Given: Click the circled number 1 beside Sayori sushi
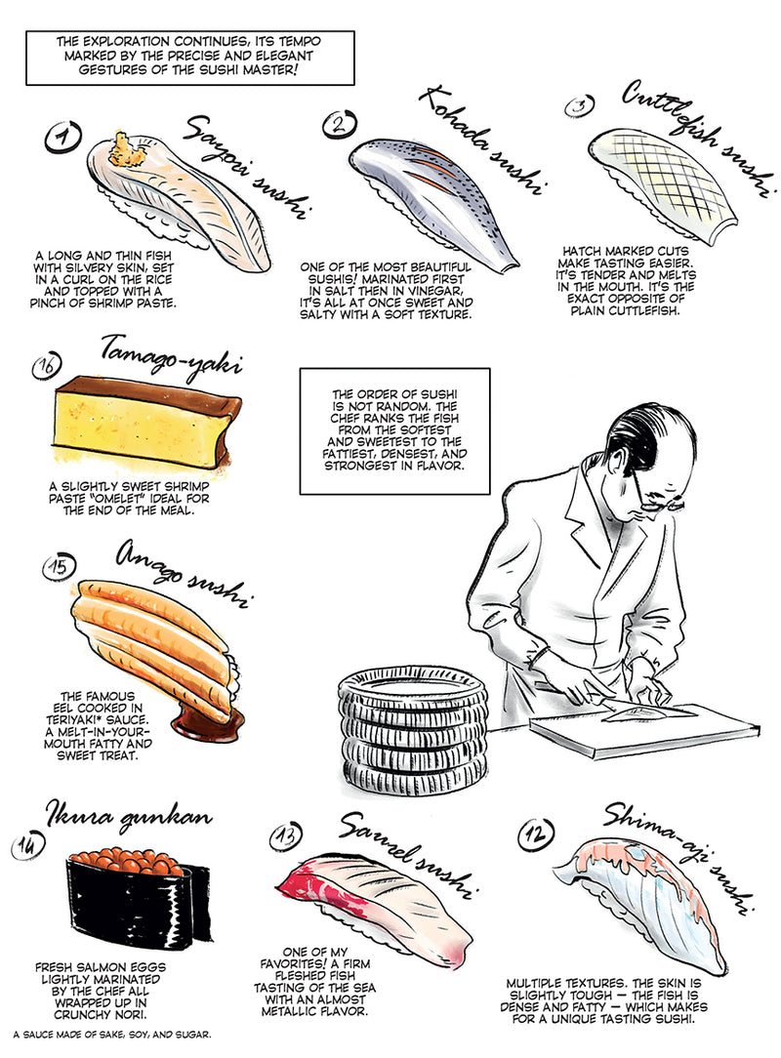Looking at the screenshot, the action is pyautogui.click(x=62, y=138).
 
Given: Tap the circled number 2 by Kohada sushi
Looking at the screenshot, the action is pyautogui.click(x=339, y=124).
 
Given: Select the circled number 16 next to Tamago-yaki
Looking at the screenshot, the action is pyautogui.click(x=47, y=367).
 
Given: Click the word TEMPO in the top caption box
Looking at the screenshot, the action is pyautogui.click(x=299, y=42).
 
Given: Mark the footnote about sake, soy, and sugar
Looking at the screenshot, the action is pyautogui.click(x=112, y=1033).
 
